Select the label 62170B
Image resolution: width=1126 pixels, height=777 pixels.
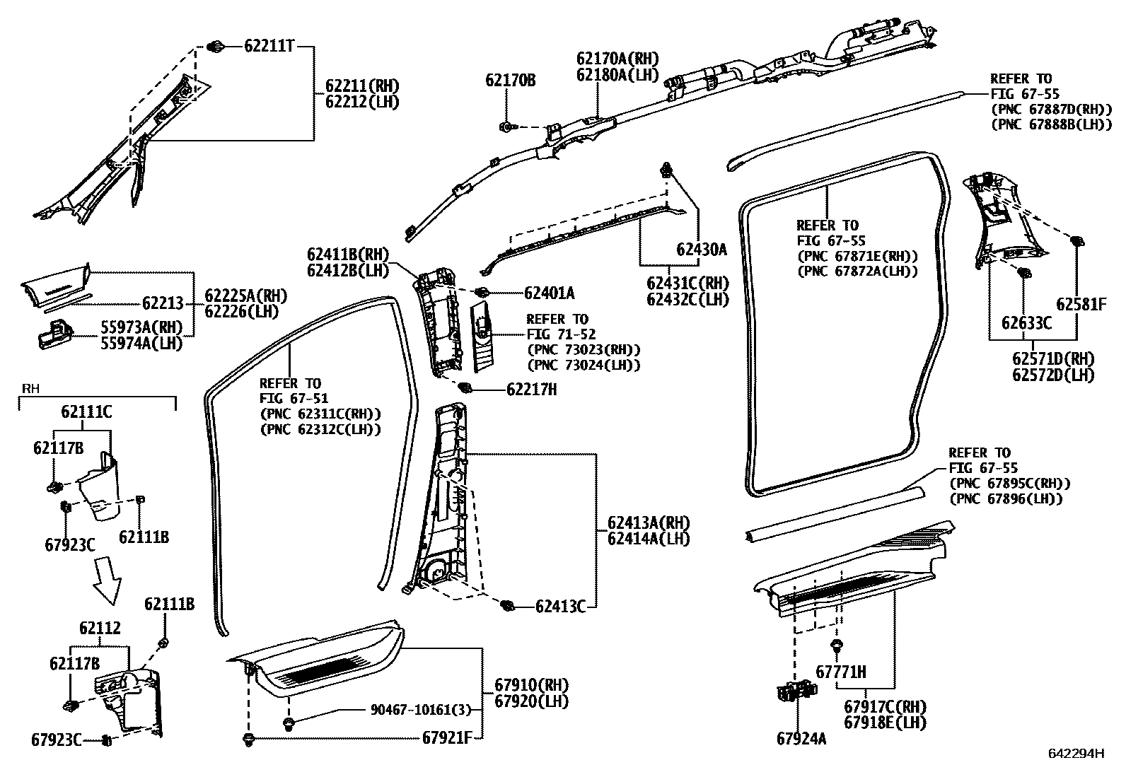[x=510, y=80]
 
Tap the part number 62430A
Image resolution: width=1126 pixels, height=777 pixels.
[x=701, y=249]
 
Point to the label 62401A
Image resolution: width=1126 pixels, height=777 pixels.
[x=549, y=293]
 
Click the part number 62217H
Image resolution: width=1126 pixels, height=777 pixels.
[x=531, y=389]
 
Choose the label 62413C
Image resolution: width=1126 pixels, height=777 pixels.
[x=560, y=607]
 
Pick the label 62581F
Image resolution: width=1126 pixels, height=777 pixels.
[x=1081, y=304]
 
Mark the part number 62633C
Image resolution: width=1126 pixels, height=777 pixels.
[x=1026, y=323]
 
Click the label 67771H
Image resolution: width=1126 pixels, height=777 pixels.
[x=840, y=672]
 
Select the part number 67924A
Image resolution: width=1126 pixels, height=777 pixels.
[x=801, y=739]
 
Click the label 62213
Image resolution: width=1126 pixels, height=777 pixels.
[x=163, y=303]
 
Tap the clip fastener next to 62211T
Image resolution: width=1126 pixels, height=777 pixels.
[x=216, y=47]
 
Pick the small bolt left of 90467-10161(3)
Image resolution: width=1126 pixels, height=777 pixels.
[x=289, y=723]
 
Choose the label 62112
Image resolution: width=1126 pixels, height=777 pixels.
[x=100, y=628]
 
